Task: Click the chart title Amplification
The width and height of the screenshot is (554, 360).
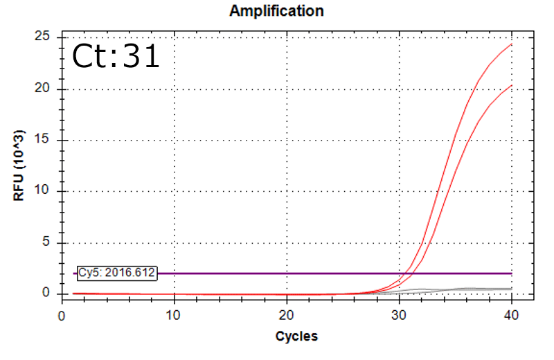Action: [276, 11]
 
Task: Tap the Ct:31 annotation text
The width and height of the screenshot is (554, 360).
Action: [116, 56]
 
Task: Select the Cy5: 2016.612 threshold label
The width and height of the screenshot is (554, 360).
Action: [117, 273]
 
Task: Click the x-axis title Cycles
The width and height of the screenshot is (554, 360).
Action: [296, 336]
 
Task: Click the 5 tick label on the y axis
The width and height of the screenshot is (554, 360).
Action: [48, 242]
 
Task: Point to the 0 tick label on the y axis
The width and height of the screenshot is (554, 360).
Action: [48, 294]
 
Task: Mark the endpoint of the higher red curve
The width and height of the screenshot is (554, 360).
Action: [512, 44]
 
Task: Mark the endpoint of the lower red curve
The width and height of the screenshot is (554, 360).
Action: [512, 85]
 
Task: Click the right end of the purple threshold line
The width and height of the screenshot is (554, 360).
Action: [512, 273]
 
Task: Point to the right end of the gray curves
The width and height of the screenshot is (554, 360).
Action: [512, 288]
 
